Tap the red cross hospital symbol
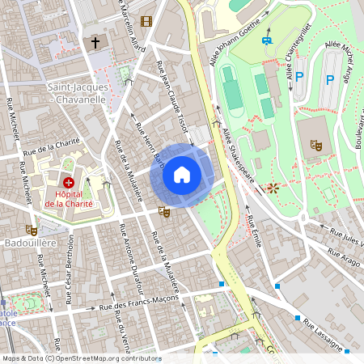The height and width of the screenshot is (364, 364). [x=69, y=184]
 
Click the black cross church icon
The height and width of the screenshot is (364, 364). [x=95, y=42]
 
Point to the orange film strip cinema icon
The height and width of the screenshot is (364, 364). [x=146, y=21]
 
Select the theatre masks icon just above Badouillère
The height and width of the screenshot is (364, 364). [x=32, y=230]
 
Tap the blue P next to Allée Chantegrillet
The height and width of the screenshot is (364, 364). [x=299, y=78]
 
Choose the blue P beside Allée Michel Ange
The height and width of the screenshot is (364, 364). [x=329, y=80]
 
